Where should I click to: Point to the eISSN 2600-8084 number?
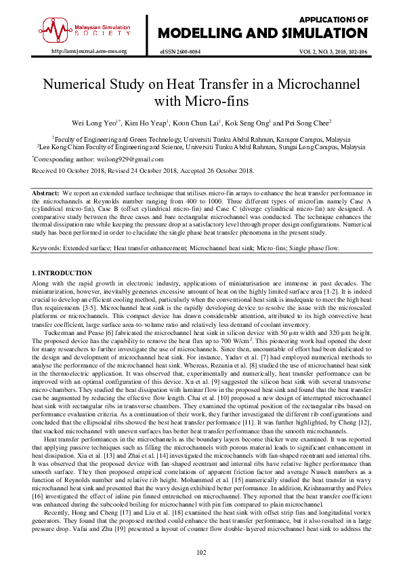[x=180, y=51]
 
